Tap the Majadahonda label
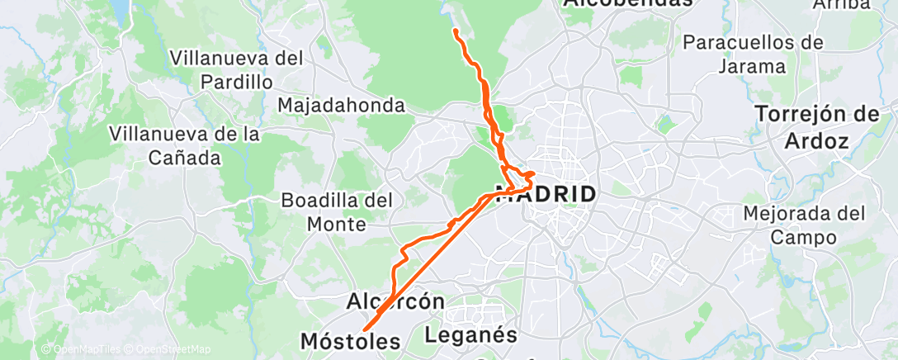coord(341,106)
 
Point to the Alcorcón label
coord(395,301)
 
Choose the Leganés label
coord(471,335)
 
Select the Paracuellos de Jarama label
coord(754,53)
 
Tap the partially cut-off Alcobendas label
coord(627,4)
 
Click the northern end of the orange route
coord(456,31)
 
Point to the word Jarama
coord(752,65)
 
